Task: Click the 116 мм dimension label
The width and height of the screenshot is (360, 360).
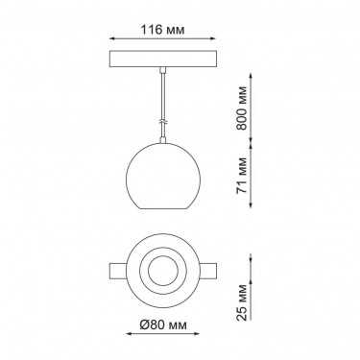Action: (x=163, y=30)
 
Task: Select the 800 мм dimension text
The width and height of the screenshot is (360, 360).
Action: (x=242, y=108)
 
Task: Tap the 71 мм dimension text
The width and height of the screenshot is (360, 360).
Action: (x=242, y=176)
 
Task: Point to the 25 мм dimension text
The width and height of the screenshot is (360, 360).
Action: (x=242, y=302)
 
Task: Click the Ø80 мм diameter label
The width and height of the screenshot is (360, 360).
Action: (x=163, y=325)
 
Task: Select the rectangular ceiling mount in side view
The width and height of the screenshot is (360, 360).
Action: (x=163, y=59)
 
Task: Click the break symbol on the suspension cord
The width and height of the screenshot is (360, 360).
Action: (x=163, y=122)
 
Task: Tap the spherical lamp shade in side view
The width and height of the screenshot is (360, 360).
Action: (x=163, y=176)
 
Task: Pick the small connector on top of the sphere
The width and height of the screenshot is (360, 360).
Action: (x=163, y=139)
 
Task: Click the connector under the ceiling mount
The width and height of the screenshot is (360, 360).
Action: (x=163, y=69)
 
